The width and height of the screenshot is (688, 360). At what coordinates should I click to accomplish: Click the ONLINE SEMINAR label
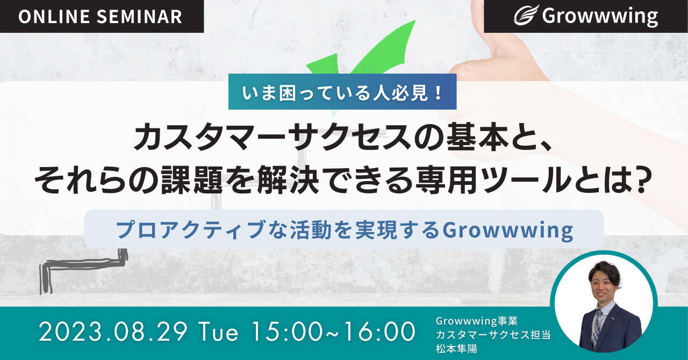point(100,17)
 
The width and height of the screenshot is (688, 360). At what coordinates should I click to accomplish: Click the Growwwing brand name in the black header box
point(600,17)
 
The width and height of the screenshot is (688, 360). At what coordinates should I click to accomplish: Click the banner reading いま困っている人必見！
point(342,92)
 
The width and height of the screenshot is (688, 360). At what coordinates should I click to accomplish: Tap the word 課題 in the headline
point(192,180)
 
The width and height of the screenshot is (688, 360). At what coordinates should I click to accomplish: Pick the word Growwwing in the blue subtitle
point(507,231)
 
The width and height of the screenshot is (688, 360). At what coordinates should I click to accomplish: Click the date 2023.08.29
point(113,332)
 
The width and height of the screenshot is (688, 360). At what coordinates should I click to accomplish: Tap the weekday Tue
point(218,332)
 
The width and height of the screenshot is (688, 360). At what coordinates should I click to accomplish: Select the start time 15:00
point(288,332)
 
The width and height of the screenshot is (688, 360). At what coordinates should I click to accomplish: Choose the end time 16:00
point(379,332)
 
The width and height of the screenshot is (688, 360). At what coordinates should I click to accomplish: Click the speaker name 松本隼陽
point(456,349)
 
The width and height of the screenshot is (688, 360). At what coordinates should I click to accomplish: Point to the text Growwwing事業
point(477,321)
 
